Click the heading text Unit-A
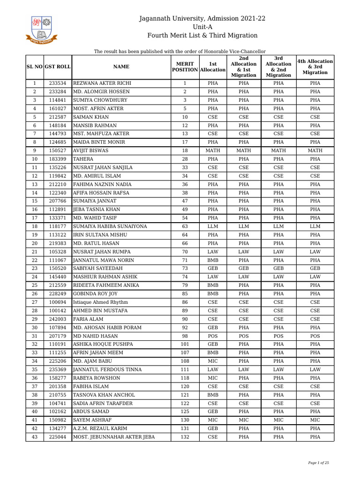click(202, 27)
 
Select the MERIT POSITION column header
click(185, 67)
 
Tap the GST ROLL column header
click(58, 67)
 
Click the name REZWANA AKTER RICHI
click(102, 83)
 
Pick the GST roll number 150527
click(58, 151)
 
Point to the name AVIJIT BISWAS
click(91, 151)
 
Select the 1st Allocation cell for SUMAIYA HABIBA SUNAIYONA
click(213, 226)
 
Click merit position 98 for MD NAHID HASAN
click(185, 336)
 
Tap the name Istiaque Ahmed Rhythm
click(100, 302)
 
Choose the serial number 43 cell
click(35, 437)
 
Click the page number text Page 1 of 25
click(318, 463)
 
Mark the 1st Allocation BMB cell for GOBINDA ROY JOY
click(213, 294)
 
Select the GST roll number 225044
click(58, 437)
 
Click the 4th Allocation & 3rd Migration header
click(315, 67)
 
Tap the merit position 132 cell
click(185, 437)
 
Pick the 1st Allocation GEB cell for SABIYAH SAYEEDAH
click(213, 269)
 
